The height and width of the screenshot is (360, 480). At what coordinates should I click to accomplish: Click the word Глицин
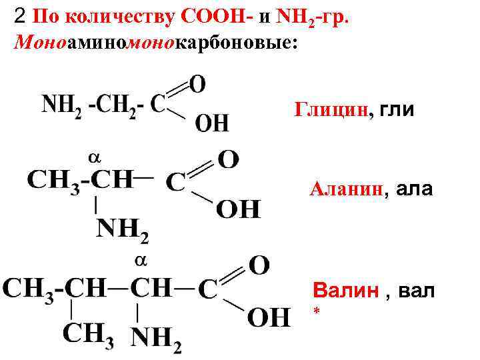pyautogui.click(x=330, y=109)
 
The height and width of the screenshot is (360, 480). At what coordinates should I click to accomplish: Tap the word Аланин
pyautogui.click(x=346, y=190)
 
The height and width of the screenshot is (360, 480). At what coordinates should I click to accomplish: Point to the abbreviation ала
pyautogui.click(x=414, y=190)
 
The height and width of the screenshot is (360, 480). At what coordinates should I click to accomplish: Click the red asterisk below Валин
pyautogui.click(x=316, y=312)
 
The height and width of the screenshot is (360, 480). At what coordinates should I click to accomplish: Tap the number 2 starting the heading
pyautogui.click(x=20, y=16)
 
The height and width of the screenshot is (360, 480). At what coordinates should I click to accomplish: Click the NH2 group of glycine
pyautogui.click(x=62, y=105)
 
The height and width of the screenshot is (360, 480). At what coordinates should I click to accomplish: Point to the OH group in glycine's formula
pyautogui.click(x=212, y=123)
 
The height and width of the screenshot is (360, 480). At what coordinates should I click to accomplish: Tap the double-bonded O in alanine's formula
pyautogui.click(x=228, y=159)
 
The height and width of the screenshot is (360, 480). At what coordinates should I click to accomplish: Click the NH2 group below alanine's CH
pyautogui.click(x=123, y=230)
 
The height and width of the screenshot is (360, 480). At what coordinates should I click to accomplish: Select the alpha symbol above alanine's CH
pyautogui.click(x=94, y=157)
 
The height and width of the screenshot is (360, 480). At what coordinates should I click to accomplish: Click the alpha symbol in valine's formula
pyautogui.click(x=141, y=260)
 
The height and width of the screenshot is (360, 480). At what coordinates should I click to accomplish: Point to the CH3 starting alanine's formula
pyautogui.click(x=53, y=181)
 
